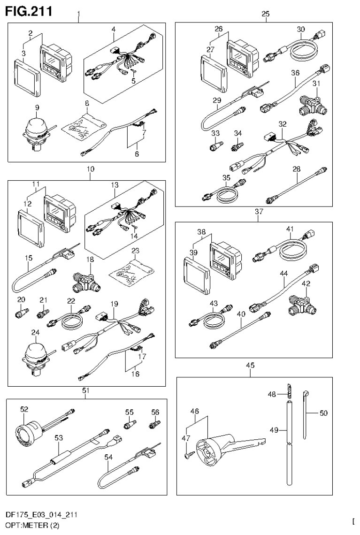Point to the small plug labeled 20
(22, 312)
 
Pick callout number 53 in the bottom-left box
(59, 438)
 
